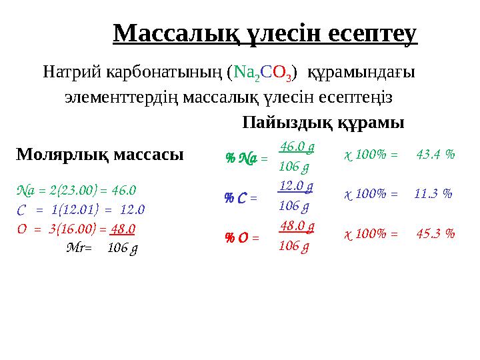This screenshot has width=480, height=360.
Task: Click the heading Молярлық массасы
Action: (x=99, y=155)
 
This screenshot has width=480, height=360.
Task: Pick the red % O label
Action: (x=237, y=237)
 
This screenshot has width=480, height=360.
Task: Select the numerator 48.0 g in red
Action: (x=297, y=225)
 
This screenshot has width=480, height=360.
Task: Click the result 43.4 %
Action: (x=435, y=155)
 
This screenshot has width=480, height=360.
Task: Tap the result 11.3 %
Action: (x=433, y=194)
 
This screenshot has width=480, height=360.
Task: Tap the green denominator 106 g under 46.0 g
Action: (x=294, y=166)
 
